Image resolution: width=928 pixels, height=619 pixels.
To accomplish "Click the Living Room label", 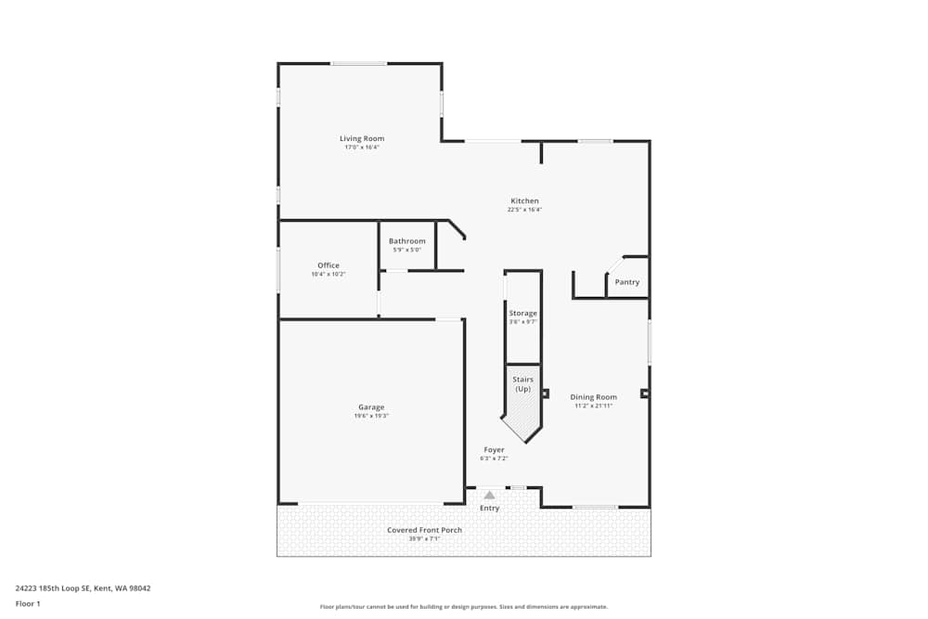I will tap(361, 138).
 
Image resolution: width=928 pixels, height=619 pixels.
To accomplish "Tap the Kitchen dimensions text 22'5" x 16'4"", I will tap(524, 210).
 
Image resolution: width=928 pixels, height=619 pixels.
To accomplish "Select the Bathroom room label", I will tap(406, 241).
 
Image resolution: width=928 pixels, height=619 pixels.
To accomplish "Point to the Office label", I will tap(328, 265).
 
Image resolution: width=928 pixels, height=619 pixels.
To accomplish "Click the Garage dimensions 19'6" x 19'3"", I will tap(370, 416).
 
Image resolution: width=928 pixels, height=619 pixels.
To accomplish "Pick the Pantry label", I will tap(627, 282).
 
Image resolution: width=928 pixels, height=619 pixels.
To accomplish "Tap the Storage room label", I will tap(522, 313).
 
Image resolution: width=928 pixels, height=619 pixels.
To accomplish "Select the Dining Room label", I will tap(593, 397).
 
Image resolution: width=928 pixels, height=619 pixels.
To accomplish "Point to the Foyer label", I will tap(494, 450).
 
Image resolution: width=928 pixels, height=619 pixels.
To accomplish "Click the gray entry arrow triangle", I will tap(489, 496).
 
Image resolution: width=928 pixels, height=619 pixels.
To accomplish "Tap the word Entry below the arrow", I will tap(489, 508).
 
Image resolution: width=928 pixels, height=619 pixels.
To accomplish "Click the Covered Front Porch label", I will tap(424, 530).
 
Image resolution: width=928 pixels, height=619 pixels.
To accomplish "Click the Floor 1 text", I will tap(28, 603).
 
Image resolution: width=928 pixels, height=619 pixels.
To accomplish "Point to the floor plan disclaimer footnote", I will tap(463, 606).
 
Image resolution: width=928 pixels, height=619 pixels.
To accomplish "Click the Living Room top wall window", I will tap(359, 63).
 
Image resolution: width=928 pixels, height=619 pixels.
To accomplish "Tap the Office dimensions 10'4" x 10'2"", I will tap(328, 275).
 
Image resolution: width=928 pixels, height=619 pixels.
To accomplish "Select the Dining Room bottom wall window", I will tap(595, 507).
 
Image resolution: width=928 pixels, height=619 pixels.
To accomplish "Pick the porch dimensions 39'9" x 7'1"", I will tap(424, 538).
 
